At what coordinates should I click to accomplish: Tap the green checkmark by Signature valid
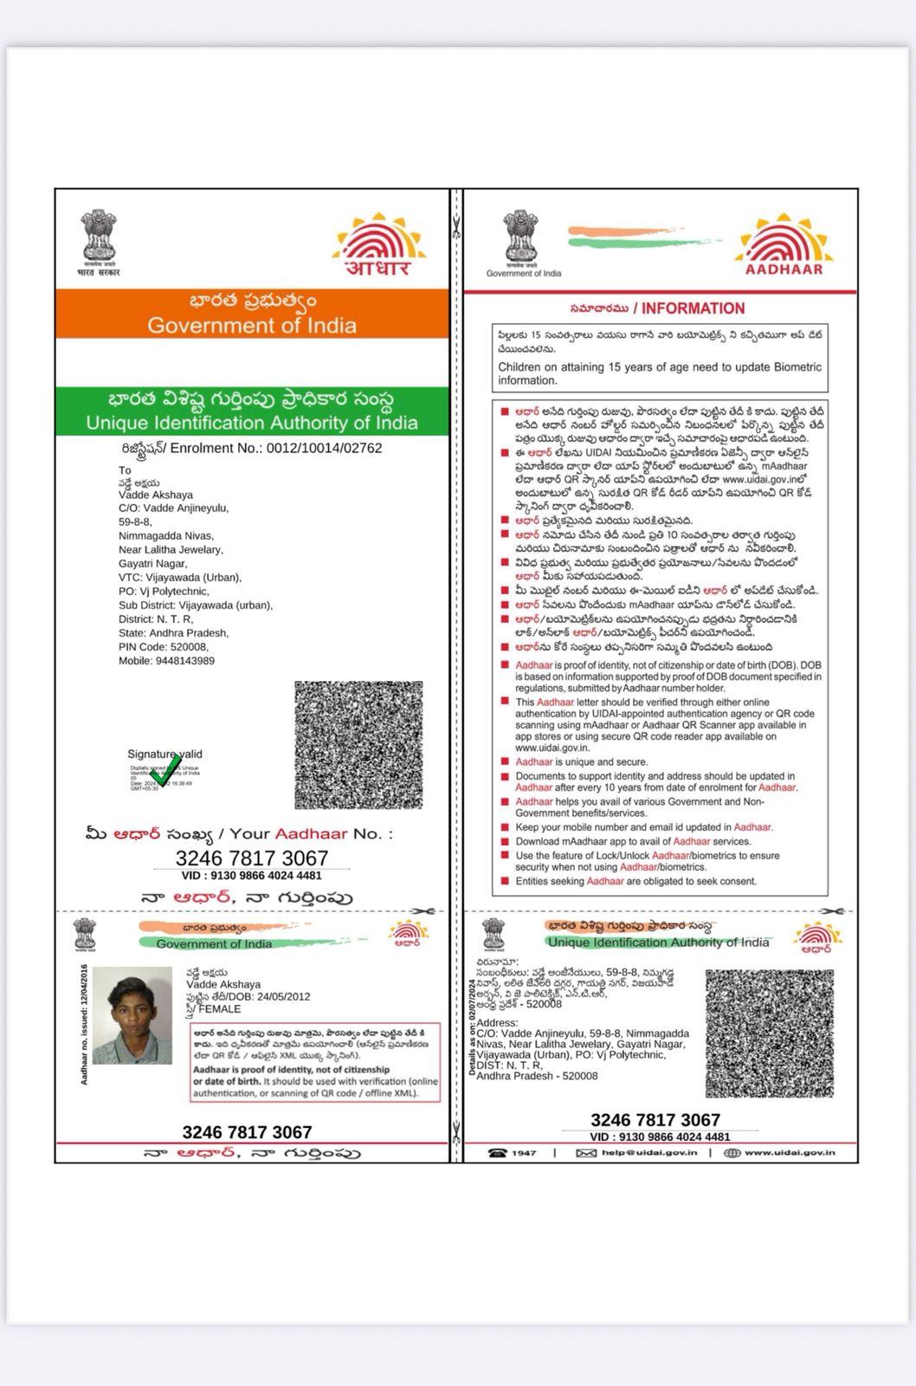pos(164,770)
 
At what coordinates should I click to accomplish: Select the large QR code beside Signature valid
pos(358,745)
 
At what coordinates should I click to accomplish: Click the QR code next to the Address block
pos(770,1033)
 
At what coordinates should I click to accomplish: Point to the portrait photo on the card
pos(132,1015)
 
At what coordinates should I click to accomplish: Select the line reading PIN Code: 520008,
pos(164,647)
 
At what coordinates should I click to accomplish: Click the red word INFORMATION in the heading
pos(693,308)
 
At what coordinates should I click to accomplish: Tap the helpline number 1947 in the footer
pos(523,1153)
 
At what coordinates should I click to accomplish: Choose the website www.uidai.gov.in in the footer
pos(790,1153)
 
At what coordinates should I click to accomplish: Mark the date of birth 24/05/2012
pos(283,996)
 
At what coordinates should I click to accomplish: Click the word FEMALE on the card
pos(220,1009)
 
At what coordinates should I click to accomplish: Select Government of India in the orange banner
pos(252,326)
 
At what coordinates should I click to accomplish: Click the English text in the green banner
pos(252,424)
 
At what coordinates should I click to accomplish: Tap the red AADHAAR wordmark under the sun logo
pos(784,269)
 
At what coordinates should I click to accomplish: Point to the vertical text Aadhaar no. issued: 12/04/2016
pos(84,1024)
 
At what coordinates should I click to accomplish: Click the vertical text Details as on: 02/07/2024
pos(473,1027)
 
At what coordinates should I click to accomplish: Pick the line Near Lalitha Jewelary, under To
pos(171,550)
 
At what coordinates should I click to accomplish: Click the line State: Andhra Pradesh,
pos(173,633)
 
